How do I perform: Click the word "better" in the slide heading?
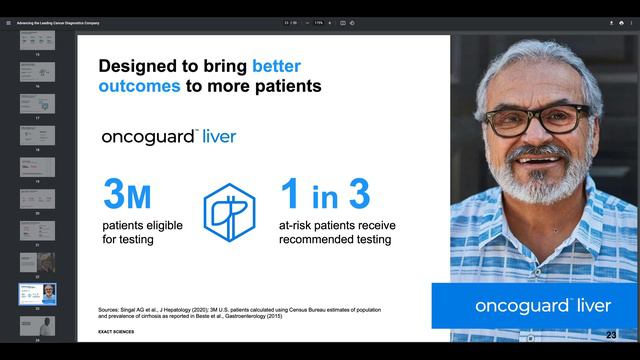275,66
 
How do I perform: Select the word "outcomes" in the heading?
139,86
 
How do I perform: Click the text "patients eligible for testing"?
142,232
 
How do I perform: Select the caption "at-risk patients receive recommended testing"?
335,232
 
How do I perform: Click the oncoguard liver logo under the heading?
168,137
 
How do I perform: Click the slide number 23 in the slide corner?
610,334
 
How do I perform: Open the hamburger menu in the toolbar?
8,21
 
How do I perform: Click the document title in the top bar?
59,21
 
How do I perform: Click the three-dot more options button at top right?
633,21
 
